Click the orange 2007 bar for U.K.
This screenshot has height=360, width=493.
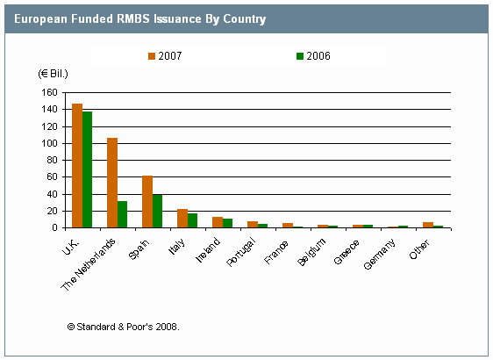coord(77,166)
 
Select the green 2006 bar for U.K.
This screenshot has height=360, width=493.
coord(88,169)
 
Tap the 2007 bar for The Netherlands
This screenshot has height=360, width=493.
coord(112,183)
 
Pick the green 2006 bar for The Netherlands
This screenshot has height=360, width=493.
coord(122,214)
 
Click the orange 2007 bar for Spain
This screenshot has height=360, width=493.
coord(147,201)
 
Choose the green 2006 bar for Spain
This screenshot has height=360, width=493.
coord(158,211)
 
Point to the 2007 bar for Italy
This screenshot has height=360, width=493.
coord(182,218)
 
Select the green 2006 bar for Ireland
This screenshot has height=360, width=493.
coord(227,223)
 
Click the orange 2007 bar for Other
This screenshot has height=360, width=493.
coord(428,225)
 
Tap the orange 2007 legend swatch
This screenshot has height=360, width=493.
coord(152,56)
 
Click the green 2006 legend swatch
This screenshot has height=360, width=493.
coord(300,56)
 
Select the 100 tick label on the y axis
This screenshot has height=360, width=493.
coord(50,143)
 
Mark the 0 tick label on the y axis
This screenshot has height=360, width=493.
coord(55,227)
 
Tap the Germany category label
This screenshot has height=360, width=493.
coord(380,255)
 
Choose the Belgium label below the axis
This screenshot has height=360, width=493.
coord(311,252)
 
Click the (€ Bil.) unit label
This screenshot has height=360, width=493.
coord(54,74)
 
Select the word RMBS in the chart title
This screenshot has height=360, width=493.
coord(133,19)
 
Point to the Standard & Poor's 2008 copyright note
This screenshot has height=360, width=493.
coord(123,327)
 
